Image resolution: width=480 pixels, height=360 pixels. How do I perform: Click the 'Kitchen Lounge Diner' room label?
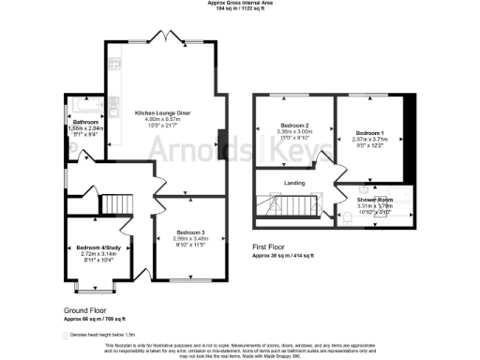pos(163,111)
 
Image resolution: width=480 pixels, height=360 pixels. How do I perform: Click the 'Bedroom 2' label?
pos(293,126)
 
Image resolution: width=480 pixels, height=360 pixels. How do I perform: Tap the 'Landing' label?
pos(297,184)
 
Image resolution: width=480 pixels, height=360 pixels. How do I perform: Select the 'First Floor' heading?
pos(272,247)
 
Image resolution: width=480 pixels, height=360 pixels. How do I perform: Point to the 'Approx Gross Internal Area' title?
pos(240,4)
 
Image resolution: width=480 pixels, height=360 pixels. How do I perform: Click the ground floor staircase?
pos(116,203)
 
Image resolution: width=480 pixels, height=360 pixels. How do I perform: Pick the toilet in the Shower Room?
pos(376,219)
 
